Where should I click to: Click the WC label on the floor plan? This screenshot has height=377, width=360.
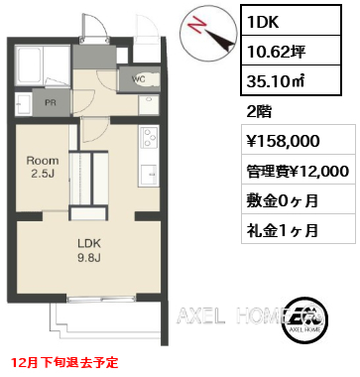point(138,79)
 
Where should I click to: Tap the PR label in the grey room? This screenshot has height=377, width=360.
point(51,102)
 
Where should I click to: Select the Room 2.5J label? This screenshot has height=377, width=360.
point(43,168)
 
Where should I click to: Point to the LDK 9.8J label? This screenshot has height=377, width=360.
point(89,251)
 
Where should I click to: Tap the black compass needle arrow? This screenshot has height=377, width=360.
point(219,40)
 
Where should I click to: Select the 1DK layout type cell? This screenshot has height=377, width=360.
point(291,21)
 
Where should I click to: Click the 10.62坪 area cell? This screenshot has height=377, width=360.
point(291,51)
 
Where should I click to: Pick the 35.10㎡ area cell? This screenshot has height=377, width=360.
point(291,80)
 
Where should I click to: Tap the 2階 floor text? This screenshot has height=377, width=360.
point(259,111)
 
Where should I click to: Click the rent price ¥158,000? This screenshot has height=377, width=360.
point(299,139)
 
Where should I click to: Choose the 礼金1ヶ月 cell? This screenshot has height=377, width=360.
point(299,228)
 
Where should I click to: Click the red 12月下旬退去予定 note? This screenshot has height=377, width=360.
point(64,363)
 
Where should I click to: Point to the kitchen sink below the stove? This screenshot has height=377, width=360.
point(149,174)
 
